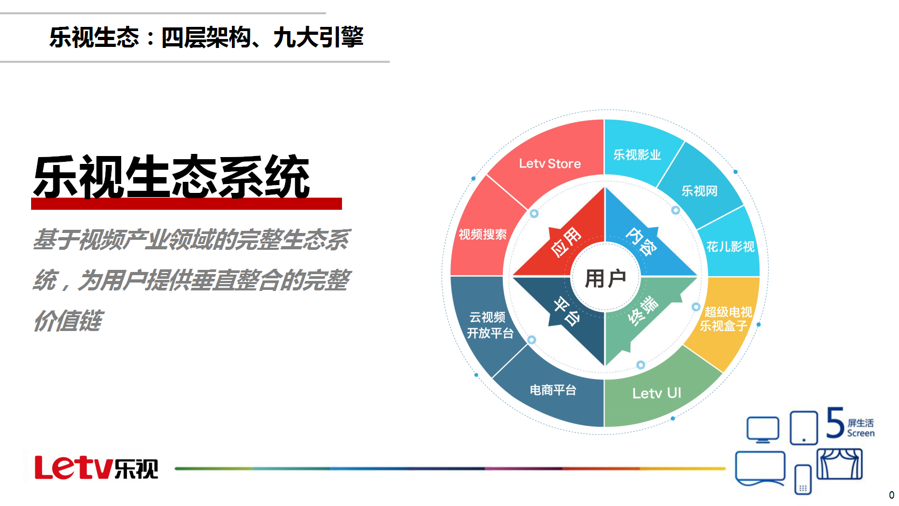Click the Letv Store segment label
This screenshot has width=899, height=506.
[x=550, y=163]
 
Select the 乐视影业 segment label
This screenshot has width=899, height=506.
[x=637, y=154]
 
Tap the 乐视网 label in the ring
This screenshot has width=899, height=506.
[x=699, y=191]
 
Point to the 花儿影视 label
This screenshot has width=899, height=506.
[x=730, y=246]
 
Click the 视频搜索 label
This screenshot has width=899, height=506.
[x=482, y=234]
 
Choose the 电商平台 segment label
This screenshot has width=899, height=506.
[x=553, y=390]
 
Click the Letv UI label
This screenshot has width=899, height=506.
[x=657, y=393]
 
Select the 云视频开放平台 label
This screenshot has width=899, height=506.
[x=490, y=325]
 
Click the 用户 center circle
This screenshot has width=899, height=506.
[x=605, y=278]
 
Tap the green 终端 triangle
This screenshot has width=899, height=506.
[x=642, y=313]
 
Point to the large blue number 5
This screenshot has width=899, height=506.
[x=835, y=422]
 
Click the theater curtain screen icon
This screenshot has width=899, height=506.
[x=839, y=464]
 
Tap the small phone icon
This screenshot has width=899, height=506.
[x=803, y=480]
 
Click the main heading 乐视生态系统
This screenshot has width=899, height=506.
[x=171, y=177]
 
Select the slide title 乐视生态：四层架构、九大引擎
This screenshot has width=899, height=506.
[x=206, y=37]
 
